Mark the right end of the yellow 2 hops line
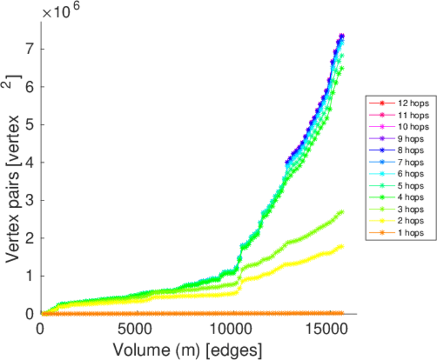coord(342,247)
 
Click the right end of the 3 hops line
coord(342,212)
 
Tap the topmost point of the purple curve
coord(342,36)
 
